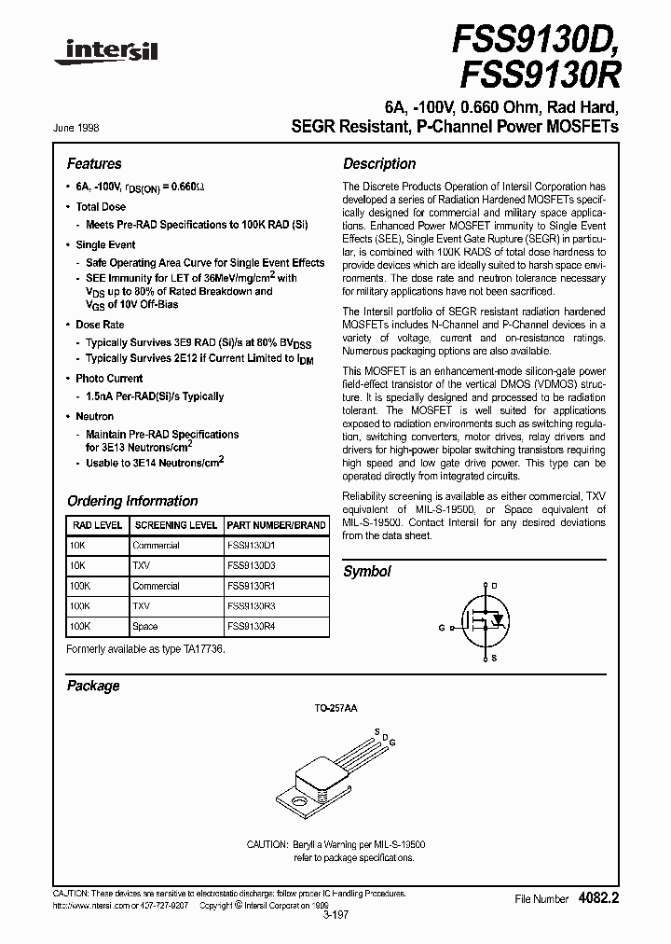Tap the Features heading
(94, 163)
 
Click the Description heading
(379, 163)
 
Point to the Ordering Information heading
(132, 501)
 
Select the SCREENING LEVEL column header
(175, 525)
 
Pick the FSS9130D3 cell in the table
(251, 565)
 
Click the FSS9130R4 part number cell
(251, 627)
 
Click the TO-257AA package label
(335, 709)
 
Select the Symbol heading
(367, 571)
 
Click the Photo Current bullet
(109, 379)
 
